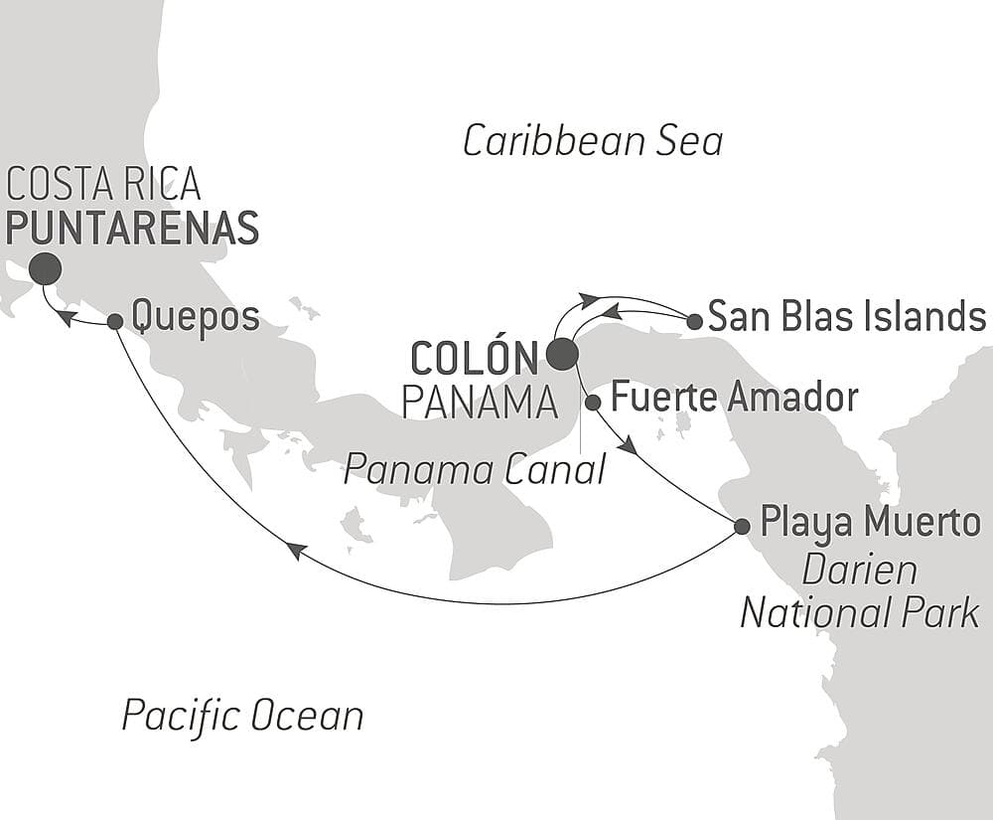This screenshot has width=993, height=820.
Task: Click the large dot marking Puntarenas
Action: tap(45, 268)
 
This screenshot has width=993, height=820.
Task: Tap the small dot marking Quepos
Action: tap(114, 321)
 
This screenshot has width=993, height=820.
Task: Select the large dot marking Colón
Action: tap(561, 354)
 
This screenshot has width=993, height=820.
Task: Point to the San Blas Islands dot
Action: tap(695, 321)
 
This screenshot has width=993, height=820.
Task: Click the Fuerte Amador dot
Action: tap(593, 403)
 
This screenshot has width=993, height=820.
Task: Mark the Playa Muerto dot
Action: tap(742, 526)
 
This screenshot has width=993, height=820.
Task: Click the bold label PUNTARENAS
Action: tap(132, 228)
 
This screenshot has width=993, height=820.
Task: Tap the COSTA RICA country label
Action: tap(103, 184)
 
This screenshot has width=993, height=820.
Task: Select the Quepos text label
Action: tap(196, 318)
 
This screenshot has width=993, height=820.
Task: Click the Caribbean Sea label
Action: tap(593, 141)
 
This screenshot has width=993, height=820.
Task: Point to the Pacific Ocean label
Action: tap(242, 715)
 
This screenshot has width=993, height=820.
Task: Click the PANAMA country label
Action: tap(479, 403)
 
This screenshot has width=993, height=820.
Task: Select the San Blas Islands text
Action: tap(846, 317)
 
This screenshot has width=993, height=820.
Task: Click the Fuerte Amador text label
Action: tap(734, 398)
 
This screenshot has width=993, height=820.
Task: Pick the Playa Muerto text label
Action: tap(870, 522)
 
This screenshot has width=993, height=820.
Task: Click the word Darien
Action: tap(859, 571)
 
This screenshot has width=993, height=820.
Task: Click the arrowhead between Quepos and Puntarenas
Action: tap(63, 317)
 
